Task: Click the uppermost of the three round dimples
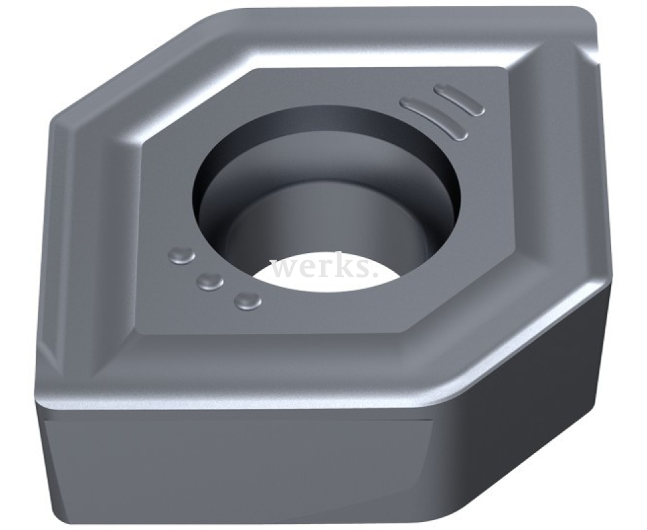182,256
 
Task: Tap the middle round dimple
210,282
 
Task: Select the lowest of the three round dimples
247,301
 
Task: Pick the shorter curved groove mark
459,99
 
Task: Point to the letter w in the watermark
284,270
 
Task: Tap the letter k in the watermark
348,266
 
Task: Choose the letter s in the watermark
367,270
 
